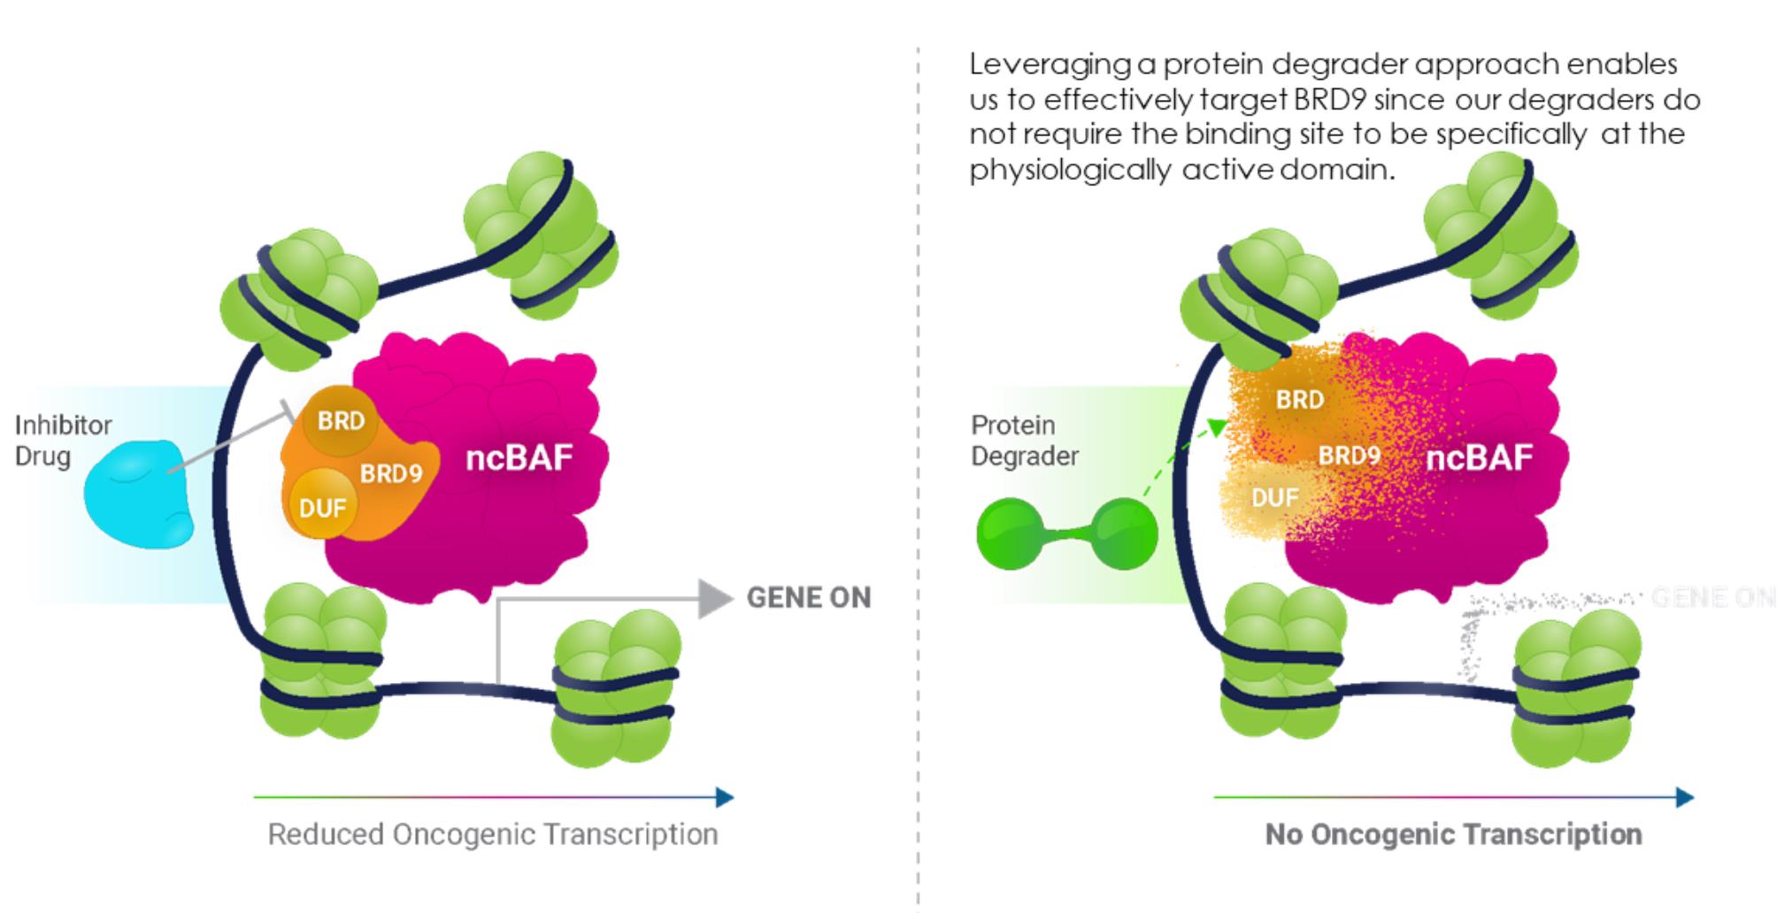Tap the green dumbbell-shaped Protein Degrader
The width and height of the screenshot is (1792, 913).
(x=1066, y=533)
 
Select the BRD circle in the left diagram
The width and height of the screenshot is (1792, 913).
(x=341, y=421)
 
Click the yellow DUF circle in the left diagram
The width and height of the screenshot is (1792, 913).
(x=321, y=507)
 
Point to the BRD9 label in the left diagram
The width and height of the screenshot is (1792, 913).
(x=391, y=474)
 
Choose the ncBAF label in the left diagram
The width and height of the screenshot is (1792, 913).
(x=519, y=457)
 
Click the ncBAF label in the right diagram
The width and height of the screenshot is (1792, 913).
(x=1480, y=457)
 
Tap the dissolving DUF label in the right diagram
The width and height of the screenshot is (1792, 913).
(x=1274, y=498)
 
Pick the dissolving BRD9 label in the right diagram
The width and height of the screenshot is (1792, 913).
(x=1349, y=456)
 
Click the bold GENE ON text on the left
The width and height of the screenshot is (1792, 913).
(x=809, y=598)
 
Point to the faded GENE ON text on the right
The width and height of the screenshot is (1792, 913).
(x=1713, y=598)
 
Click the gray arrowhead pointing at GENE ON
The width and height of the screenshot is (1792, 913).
(x=715, y=599)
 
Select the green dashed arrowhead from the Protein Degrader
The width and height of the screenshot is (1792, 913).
(x=1218, y=427)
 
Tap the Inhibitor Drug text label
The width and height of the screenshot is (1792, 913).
(x=63, y=441)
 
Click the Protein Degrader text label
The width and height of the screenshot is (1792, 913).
(x=1024, y=441)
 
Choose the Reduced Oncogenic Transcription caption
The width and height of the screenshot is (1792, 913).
(x=493, y=834)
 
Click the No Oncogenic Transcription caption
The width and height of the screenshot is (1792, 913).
(x=1453, y=834)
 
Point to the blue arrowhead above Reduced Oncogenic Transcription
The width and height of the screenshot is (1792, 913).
(x=725, y=798)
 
